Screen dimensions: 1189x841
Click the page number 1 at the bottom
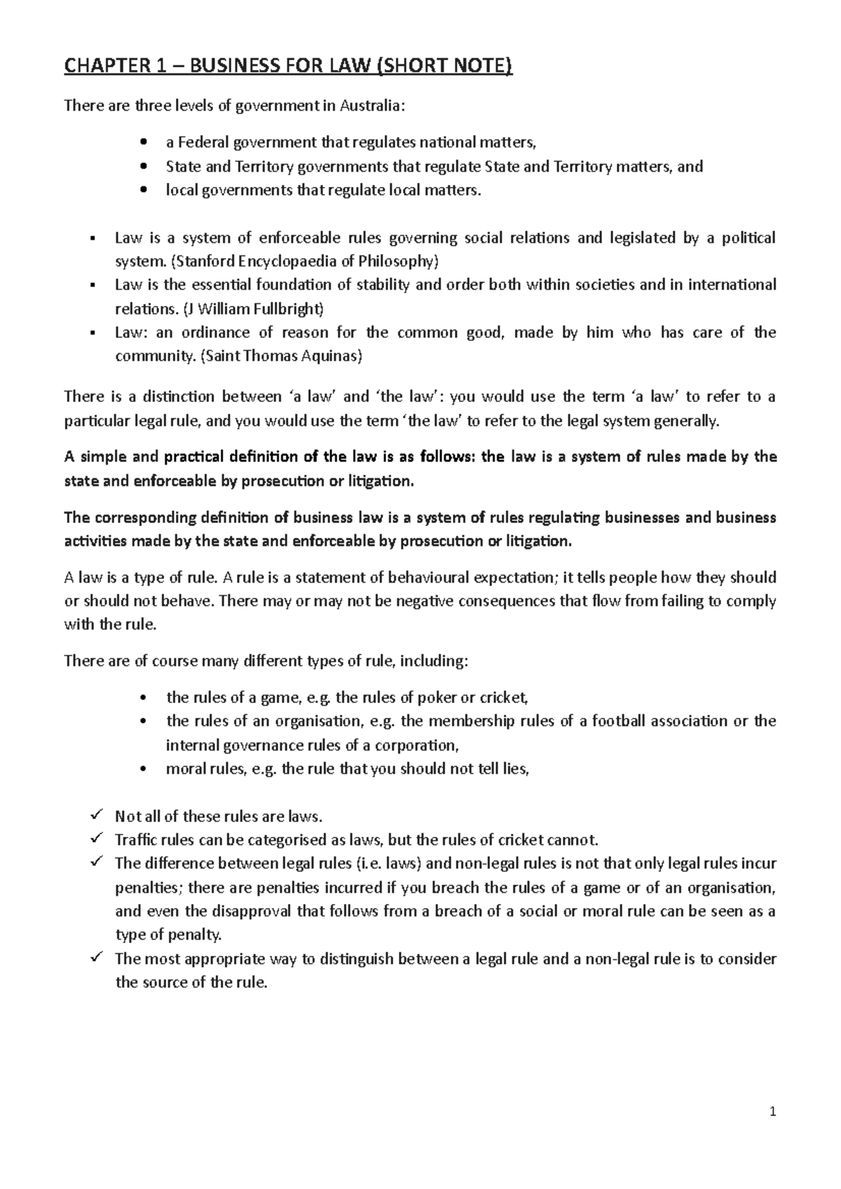click(x=773, y=1111)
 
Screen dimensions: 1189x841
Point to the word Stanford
click(x=203, y=262)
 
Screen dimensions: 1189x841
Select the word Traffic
click(x=136, y=840)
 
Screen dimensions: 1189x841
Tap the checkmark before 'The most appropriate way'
click(x=97, y=958)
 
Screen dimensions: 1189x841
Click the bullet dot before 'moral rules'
click(x=144, y=770)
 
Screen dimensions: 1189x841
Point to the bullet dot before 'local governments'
click(x=144, y=190)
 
